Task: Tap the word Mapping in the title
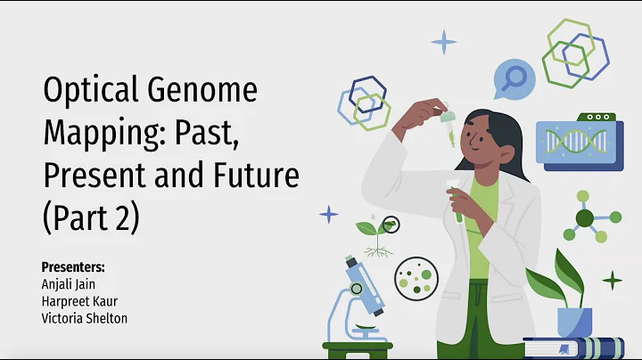(x=100, y=134)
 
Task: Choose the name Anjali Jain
(x=71, y=284)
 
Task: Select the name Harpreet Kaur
(x=78, y=301)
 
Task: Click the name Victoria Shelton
(x=85, y=318)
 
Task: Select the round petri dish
(x=413, y=275)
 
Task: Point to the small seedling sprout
(x=376, y=234)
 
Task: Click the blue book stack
(x=574, y=348)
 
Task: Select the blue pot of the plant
(x=573, y=321)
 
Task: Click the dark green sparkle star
(x=613, y=282)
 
